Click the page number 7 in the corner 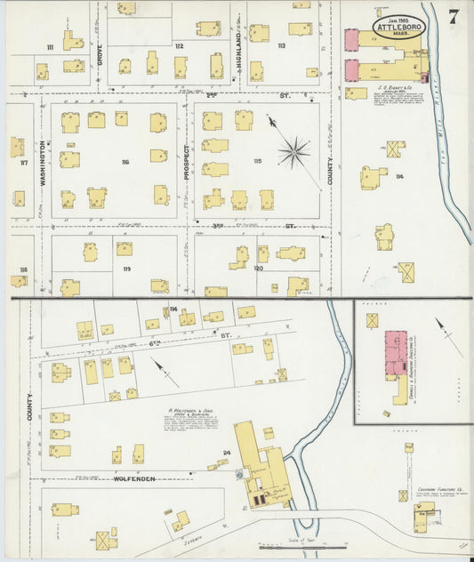[454, 15]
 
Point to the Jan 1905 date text [397, 16]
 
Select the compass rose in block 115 [293, 153]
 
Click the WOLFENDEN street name [135, 478]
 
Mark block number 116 [125, 162]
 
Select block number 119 [126, 269]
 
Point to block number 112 [179, 45]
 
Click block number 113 [281, 45]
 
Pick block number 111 [50, 46]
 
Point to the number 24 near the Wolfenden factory [227, 454]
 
